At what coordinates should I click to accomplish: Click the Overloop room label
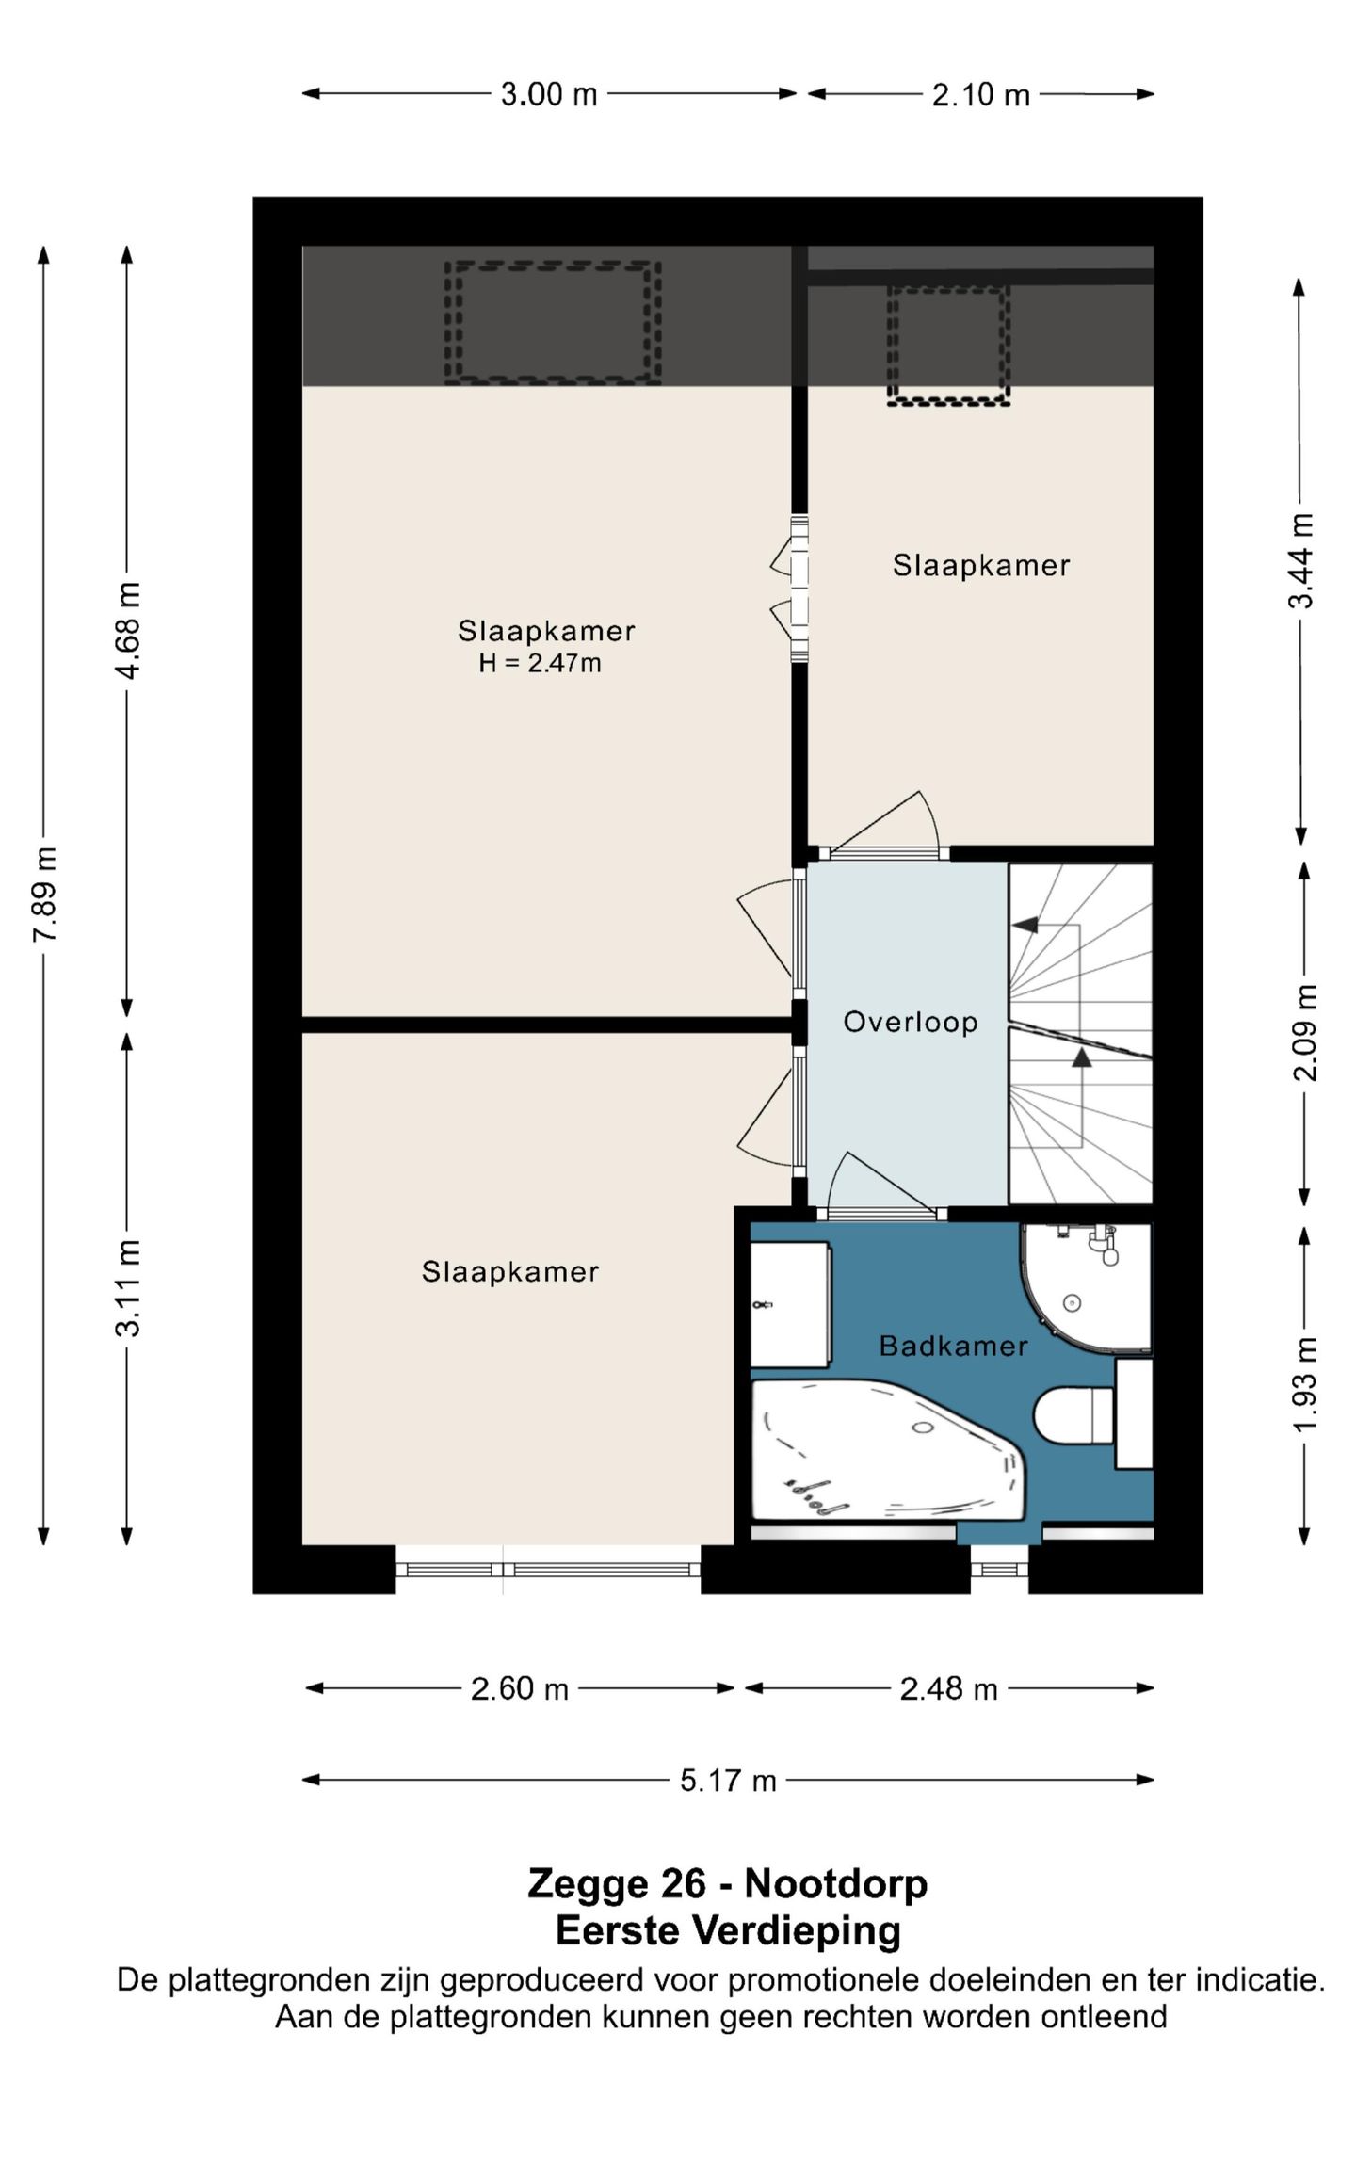910,1022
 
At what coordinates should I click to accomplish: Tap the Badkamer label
953,1346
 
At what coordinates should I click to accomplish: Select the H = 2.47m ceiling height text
540,663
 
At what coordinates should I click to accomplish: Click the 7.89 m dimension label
45,894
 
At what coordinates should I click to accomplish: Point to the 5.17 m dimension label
728,1781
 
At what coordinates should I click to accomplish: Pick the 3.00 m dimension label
549,94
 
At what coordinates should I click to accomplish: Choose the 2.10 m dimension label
980,94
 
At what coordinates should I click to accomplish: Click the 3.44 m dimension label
1301,560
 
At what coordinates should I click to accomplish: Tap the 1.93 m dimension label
1304,1384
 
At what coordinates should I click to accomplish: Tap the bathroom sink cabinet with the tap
790,1304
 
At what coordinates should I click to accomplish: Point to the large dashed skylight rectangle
553,323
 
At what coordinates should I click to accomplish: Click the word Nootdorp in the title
836,1883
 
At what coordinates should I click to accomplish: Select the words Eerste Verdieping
728,1930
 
